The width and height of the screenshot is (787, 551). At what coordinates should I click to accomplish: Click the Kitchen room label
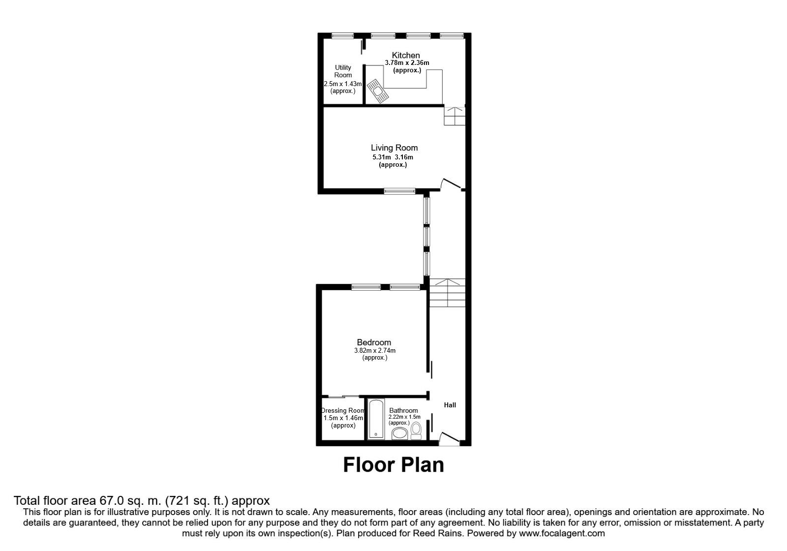[406, 55]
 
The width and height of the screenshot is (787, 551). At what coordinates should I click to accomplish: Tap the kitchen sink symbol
[378, 91]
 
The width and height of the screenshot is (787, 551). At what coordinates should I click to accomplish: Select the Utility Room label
[343, 71]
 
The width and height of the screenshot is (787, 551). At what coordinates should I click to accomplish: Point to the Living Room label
[394, 148]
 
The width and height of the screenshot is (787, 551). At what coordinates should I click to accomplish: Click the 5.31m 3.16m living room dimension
[393, 157]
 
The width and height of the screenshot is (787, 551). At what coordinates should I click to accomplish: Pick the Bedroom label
[374, 342]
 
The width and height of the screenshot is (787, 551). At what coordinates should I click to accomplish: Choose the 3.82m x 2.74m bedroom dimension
[374, 350]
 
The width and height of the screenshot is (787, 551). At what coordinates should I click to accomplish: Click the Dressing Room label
[343, 410]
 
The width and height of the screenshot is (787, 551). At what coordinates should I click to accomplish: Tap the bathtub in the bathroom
[376, 419]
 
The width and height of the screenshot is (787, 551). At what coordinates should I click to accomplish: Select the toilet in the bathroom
[416, 431]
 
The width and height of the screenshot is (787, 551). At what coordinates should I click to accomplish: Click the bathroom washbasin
[399, 433]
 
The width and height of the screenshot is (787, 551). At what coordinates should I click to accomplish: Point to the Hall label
[450, 405]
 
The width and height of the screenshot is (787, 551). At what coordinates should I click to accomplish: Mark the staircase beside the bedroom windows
[447, 293]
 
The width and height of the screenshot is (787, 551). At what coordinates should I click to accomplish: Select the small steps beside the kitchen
[454, 116]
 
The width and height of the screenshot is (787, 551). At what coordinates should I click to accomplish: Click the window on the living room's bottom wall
[399, 191]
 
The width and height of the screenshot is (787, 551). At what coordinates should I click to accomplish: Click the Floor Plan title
[393, 464]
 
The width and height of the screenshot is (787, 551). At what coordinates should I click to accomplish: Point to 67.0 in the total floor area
[111, 500]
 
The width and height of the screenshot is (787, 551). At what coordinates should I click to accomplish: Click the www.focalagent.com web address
[562, 533]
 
